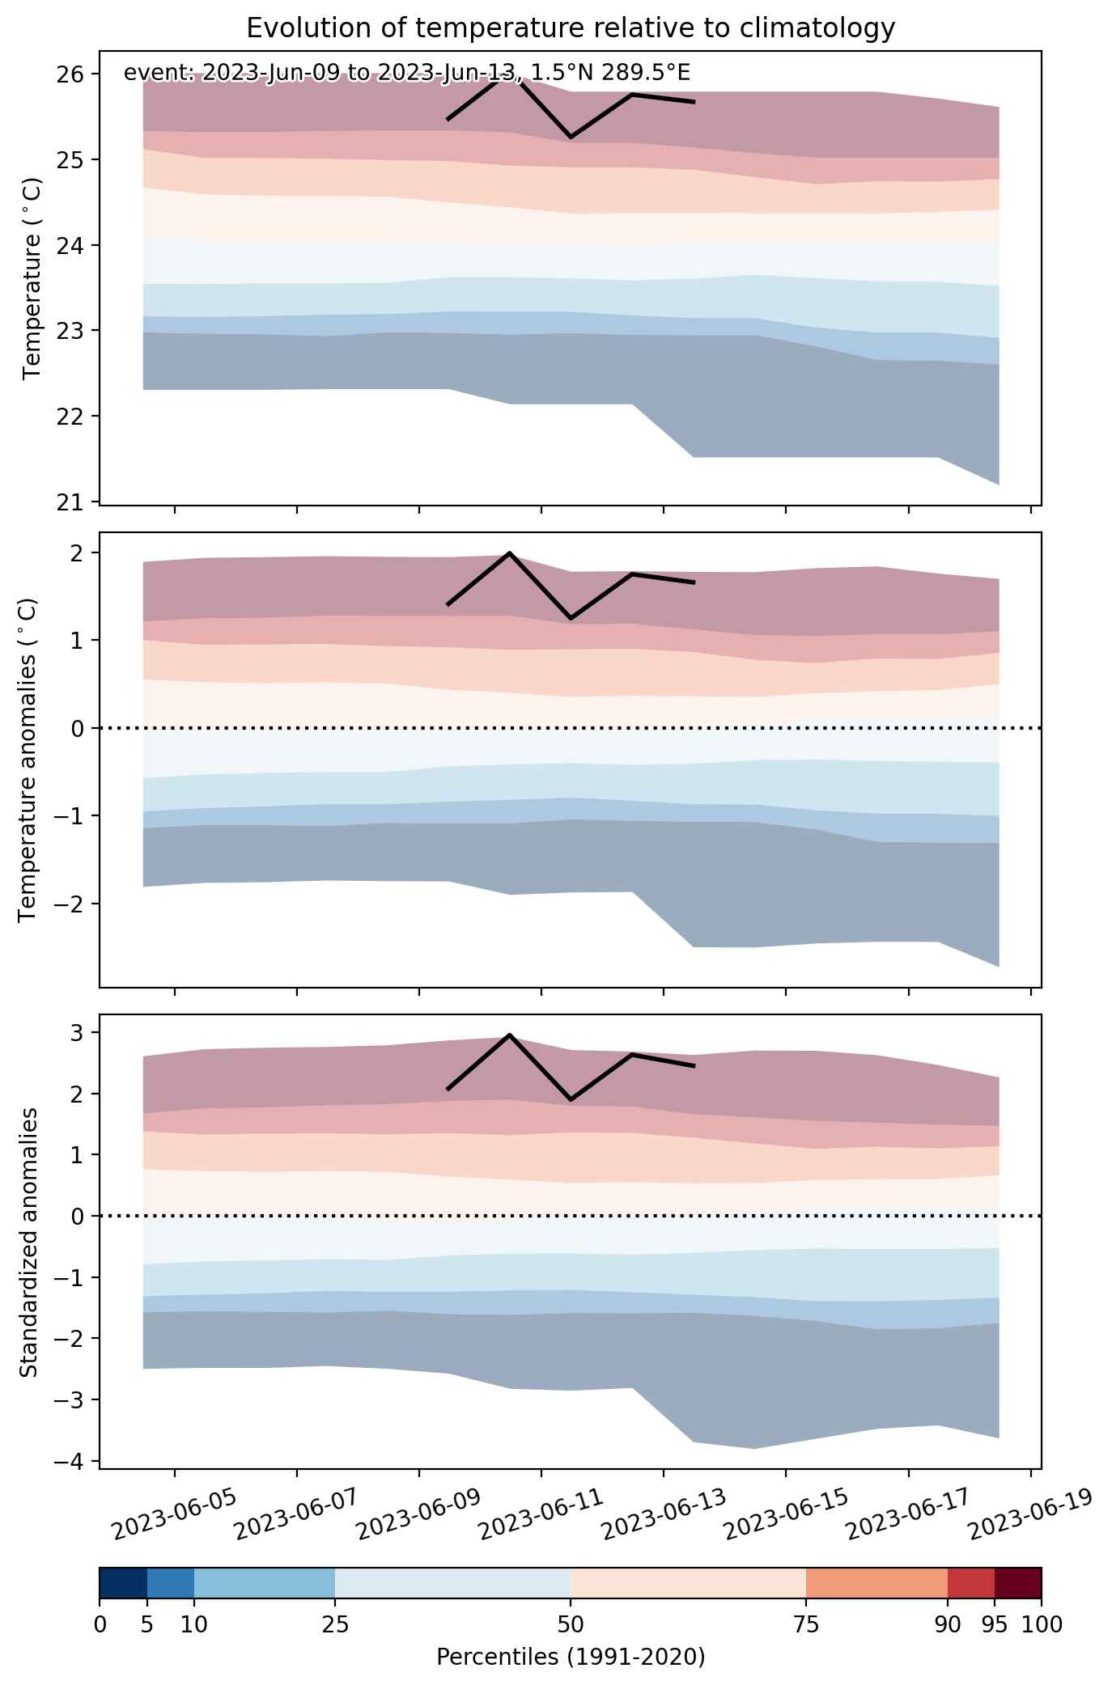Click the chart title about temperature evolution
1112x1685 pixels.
571,28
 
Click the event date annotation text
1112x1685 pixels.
407,74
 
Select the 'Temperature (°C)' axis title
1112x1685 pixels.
32,279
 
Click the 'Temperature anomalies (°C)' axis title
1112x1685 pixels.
28,760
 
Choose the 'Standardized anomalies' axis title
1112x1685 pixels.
28,1242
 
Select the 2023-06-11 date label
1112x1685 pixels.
541,1514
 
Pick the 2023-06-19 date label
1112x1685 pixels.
1030,1514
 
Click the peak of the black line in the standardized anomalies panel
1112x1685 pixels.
509,1034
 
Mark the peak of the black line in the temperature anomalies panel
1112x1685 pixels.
509,552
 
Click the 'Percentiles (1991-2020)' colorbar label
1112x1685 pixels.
571,1657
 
